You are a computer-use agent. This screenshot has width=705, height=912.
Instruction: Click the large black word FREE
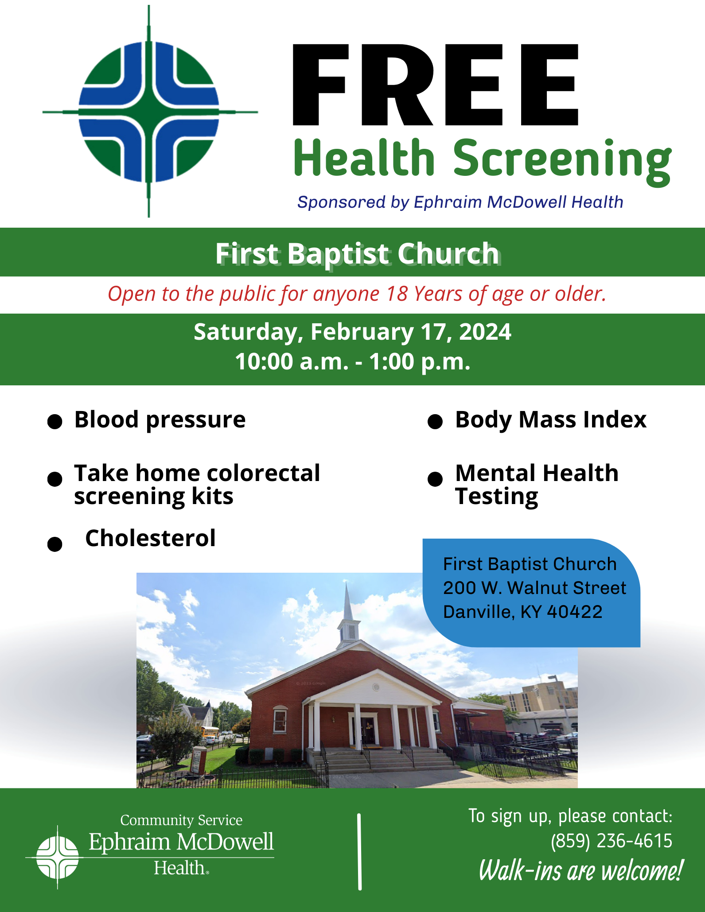click(436, 85)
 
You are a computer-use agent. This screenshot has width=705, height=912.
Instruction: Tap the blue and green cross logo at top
click(149, 112)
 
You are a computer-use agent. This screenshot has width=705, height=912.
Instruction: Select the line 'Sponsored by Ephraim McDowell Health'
click(460, 202)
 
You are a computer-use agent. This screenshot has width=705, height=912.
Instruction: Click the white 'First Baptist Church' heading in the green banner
click(358, 253)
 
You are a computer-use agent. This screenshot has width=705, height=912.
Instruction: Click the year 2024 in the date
click(485, 332)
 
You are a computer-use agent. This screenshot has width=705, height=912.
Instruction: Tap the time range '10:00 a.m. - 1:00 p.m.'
click(352, 361)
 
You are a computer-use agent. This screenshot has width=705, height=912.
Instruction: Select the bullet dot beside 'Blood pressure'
click(55, 422)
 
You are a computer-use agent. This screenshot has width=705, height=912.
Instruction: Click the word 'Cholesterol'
click(150, 538)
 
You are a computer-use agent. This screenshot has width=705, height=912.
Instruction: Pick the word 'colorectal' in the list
click(264, 473)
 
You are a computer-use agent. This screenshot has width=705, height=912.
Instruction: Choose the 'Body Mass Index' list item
click(551, 419)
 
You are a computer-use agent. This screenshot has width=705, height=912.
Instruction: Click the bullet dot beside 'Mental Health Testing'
click(435, 479)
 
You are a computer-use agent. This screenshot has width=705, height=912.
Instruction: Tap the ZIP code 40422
click(575, 612)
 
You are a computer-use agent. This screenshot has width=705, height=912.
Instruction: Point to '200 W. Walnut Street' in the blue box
click(534, 588)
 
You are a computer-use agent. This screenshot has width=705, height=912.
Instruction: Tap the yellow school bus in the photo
click(210, 731)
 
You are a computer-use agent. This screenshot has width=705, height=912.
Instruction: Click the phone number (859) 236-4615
click(612, 841)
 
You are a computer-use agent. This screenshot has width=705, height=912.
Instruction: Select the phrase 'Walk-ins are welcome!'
click(580, 870)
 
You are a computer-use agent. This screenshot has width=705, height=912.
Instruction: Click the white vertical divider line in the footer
click(359, 851)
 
